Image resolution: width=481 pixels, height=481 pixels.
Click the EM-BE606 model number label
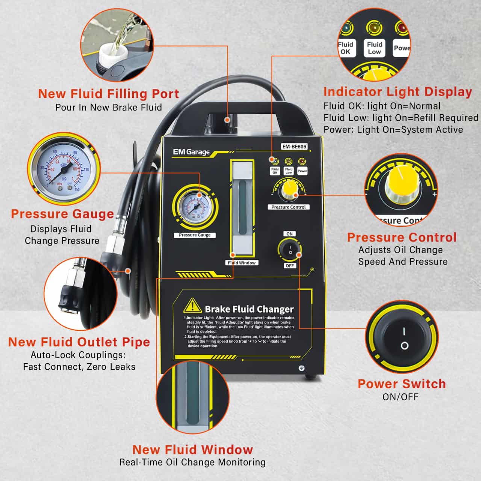(x=294, y=147)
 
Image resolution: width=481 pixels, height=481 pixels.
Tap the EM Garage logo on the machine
(x=191, y=152)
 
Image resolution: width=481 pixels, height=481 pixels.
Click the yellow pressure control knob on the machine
(x=289, y=190)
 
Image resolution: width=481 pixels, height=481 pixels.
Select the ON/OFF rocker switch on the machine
(x=290, y=250)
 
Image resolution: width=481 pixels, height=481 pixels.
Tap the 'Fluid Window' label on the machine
(x=242, y=263)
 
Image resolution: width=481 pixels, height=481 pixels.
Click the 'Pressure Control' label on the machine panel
(x=289, y=207)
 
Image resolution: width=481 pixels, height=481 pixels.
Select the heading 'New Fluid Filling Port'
(x=109, y=94)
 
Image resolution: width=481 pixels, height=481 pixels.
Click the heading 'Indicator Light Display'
(x=398, y=92)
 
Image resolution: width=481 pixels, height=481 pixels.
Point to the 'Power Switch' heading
(x=402, y=384)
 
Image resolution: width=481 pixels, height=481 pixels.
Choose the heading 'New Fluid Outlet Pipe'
(x=79, y=342)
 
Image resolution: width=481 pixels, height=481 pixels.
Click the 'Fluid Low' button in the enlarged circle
(x=374, y=48)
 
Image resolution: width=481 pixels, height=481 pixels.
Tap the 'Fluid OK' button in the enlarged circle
(x=345, y=48)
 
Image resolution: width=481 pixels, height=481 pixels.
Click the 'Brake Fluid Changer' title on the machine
(x=249, y=309)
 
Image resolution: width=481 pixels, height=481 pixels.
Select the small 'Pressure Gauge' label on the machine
(x=195, y=235)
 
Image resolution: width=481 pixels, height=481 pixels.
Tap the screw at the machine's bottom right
(x=301, y=369)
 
